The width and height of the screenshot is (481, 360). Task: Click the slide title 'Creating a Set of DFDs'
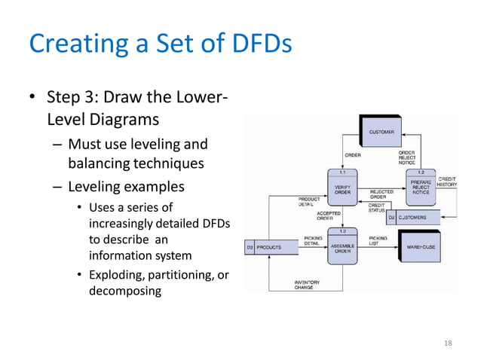160,44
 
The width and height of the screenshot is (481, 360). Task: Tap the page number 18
449,343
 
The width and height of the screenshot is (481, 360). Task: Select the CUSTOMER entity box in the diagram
381,133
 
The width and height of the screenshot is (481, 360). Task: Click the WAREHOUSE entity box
421,247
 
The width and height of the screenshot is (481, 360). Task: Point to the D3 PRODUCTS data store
264,247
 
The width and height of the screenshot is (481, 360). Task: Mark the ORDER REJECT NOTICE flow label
406,157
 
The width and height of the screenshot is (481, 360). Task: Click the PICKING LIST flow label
378,241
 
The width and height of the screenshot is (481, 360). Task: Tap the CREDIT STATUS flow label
377,208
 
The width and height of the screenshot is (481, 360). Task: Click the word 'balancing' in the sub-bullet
97,163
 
